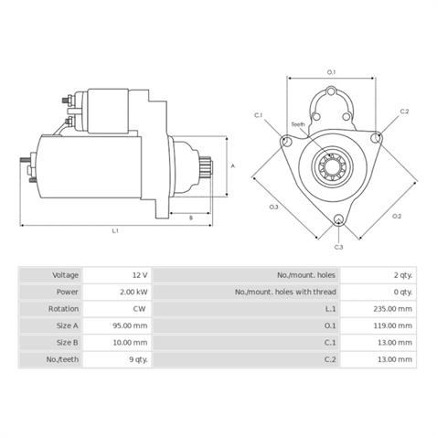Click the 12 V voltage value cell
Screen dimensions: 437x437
click(140, 275)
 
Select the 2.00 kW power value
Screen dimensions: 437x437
click(133, 292)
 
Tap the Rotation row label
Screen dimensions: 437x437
click(63, 309)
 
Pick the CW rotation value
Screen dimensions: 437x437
click(139, 309)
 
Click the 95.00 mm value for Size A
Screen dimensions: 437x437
click(130, 325)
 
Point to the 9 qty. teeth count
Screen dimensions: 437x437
click(138, 359)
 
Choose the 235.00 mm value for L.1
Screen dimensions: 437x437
click(393, 309)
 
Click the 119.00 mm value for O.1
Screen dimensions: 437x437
click(393, 325)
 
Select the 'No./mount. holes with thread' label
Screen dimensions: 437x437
click(285, 292)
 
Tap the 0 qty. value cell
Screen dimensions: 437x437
click(403, 292)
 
